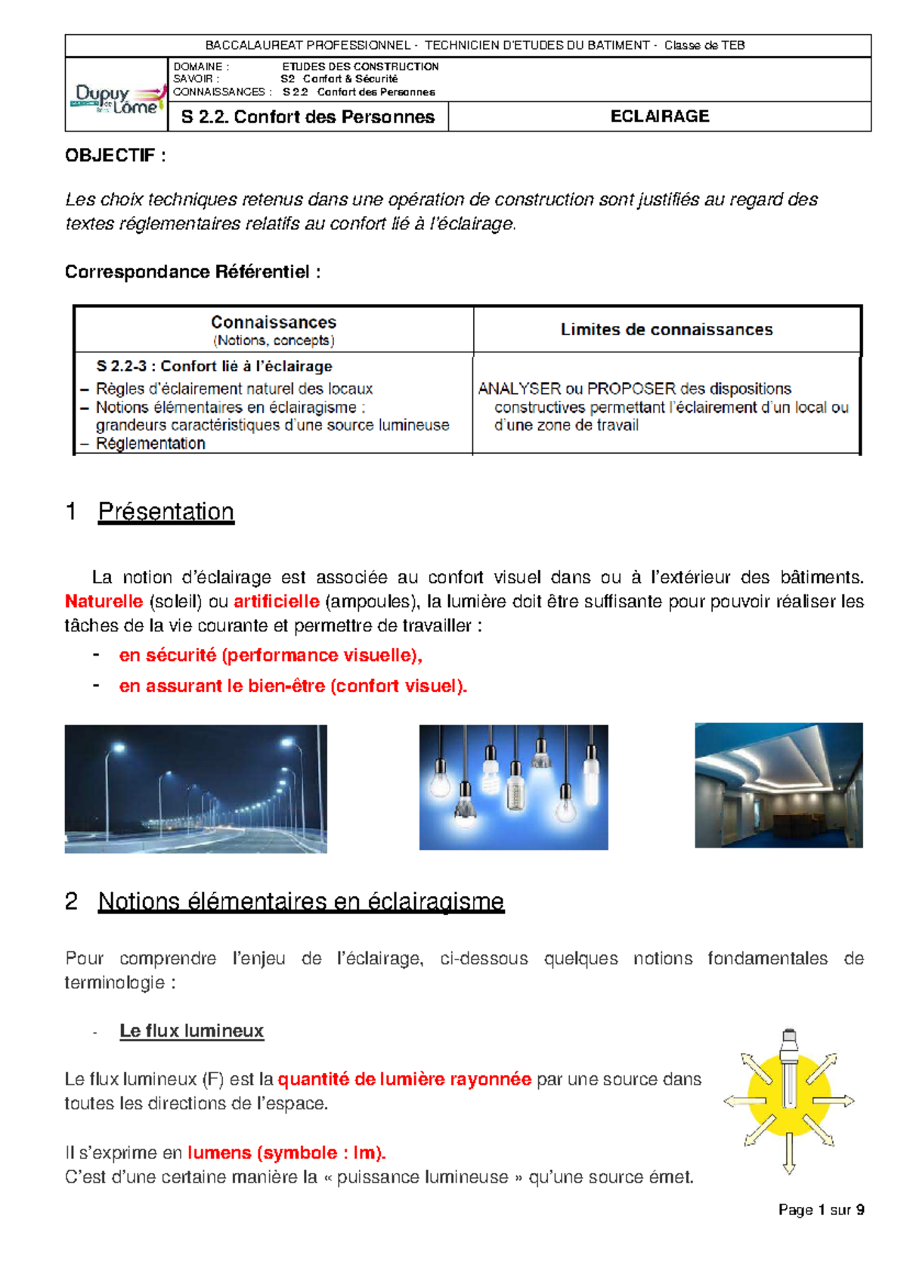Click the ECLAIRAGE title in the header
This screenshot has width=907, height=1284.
coord(659,116)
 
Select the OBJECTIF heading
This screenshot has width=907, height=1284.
coord(115,156)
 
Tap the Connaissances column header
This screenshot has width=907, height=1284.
coord(273,323)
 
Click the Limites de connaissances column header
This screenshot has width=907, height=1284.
coord(666,330)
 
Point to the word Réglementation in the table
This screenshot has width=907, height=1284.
coord(150,444)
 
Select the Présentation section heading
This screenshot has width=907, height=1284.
coord(166,512)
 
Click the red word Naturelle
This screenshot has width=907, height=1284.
coord(104,602)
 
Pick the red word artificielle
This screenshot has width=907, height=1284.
coord(277,602)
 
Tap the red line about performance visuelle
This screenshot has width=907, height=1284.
coord(271,656)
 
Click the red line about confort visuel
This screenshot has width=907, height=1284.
coord(293,687)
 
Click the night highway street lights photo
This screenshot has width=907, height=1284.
coord(196,789)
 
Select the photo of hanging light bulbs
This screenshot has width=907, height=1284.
coord(513,787)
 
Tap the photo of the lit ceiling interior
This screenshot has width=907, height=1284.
coord(779,785)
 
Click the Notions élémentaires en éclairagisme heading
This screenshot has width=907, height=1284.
coord(301,901)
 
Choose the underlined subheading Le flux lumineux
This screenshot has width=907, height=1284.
coord(191,1031)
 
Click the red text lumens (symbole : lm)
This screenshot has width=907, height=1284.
coord(286,1153)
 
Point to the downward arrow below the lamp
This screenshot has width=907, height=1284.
coord(789,1155)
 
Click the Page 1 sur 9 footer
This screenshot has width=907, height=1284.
coord(821,1210)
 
